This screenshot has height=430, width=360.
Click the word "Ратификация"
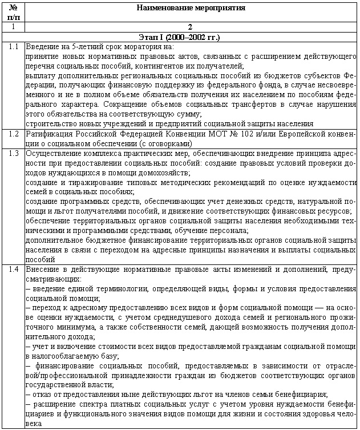(x=48, y=134)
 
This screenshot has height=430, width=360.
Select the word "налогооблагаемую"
(x=64, y=355)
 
